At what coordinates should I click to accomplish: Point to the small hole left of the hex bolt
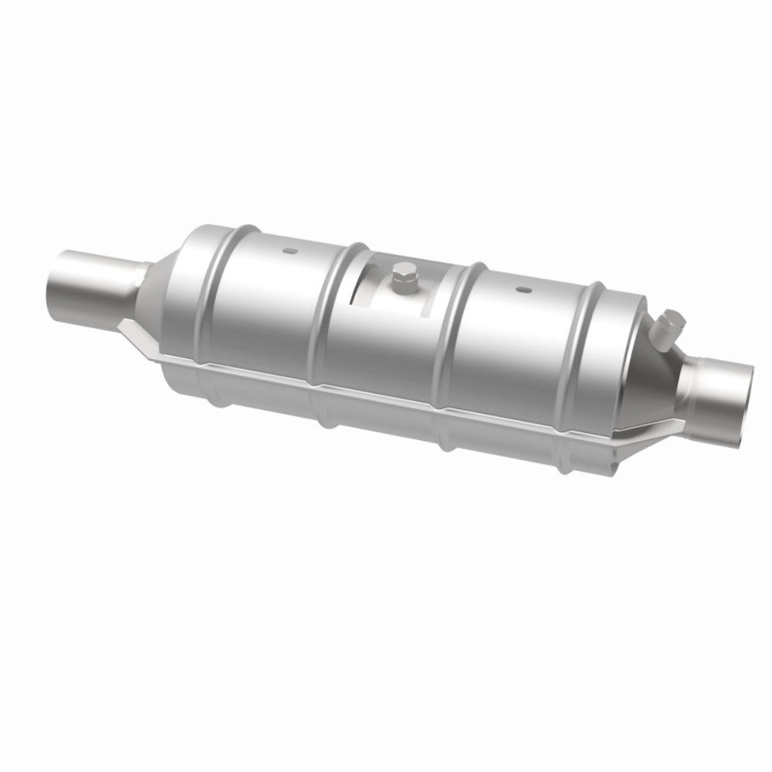pyautogui.click(x=288, y=251)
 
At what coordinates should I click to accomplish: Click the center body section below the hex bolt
pyautogui.click(x=394, y=340)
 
